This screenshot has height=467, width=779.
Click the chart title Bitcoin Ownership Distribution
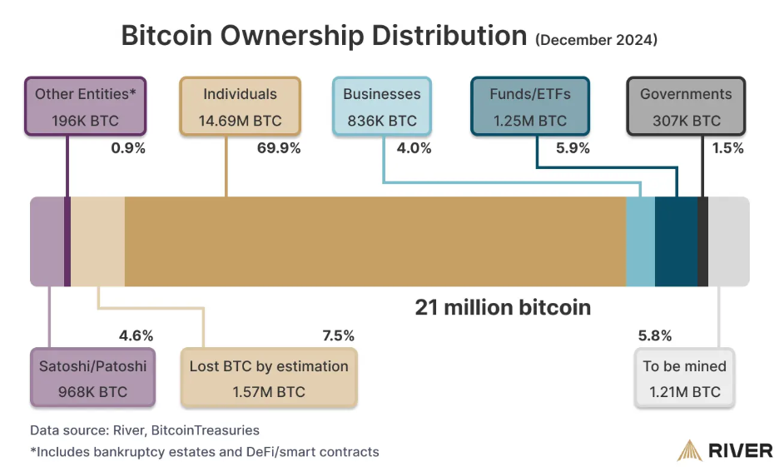tap(324, 36)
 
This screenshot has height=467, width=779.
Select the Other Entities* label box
tap(86, 107)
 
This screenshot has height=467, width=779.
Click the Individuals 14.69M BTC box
tap(240, 107)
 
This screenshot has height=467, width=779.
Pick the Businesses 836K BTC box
tap(382, 107)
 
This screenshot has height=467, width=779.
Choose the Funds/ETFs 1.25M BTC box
tap(530, 107)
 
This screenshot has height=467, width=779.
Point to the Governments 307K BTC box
tap(686, 107)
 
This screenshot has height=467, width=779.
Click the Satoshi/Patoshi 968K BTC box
tap(92, 378)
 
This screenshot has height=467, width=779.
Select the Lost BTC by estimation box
tap(269, 378)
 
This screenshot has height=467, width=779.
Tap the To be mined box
tap(684, 378)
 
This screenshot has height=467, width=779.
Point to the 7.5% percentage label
tap(338, 335)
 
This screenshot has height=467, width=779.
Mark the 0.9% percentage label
tap(128, 148)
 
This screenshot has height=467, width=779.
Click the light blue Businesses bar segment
tap(640, 241)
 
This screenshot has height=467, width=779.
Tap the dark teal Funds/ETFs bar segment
tap(676, 241)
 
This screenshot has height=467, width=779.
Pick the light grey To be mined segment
tap(728, 241)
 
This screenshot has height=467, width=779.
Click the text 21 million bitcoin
tap(503, 307)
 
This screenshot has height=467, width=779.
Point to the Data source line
tap(145, 430)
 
